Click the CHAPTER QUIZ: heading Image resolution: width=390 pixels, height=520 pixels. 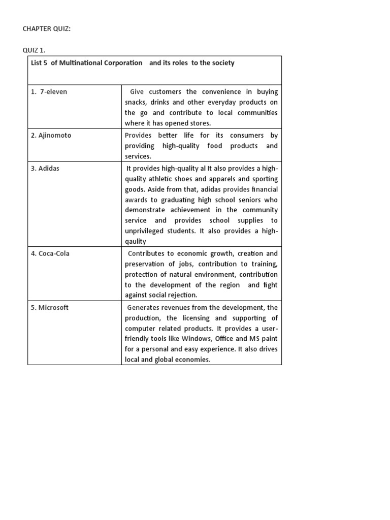click(47, 29)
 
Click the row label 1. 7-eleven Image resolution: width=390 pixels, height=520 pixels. click(49, 92)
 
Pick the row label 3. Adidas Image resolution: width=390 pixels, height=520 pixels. click(45, 168)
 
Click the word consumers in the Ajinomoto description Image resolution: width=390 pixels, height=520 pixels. click(247, 136)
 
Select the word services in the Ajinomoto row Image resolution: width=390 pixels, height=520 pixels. click(138, 157)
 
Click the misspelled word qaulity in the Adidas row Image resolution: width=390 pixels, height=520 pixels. click(136, 242)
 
